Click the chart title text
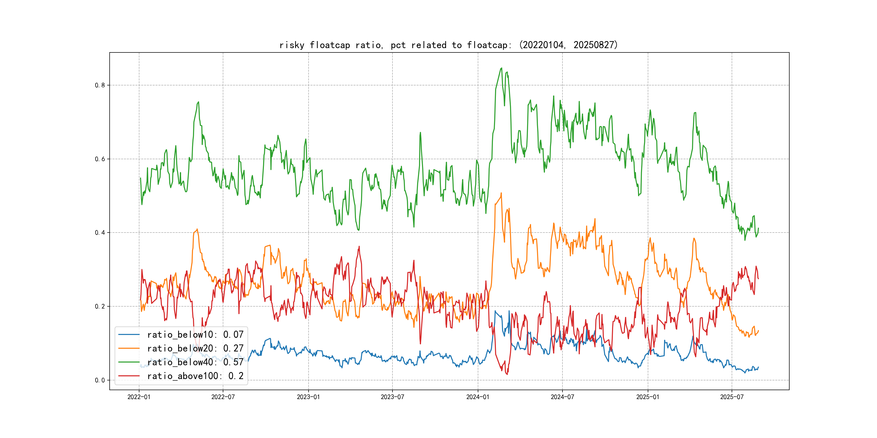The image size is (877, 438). click(448, 45)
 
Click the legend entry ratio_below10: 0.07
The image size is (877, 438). click(195, 335)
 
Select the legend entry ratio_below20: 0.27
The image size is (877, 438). click(195, 348)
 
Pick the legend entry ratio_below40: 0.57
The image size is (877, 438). click(195, 362)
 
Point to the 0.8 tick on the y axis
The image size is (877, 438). click(100, 85)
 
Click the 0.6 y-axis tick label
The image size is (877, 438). click(100, 159)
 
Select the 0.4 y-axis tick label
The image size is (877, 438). click(100, 233)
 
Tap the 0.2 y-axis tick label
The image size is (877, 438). click(100, 306)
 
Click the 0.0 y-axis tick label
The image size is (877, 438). click(100, 380)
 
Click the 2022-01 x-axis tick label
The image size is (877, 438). click(139, 397)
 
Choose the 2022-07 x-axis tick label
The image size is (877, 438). click(223, 397)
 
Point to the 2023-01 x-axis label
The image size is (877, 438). click(309, 397)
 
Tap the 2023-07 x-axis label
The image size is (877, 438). click(392, 397)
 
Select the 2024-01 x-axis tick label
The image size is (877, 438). click(478, 397)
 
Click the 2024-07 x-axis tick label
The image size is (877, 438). click(562, 397)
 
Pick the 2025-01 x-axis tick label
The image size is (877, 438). click(648, 397)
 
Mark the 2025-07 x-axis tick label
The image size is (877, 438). click(732, 397)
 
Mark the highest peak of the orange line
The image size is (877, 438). click(501, 193)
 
